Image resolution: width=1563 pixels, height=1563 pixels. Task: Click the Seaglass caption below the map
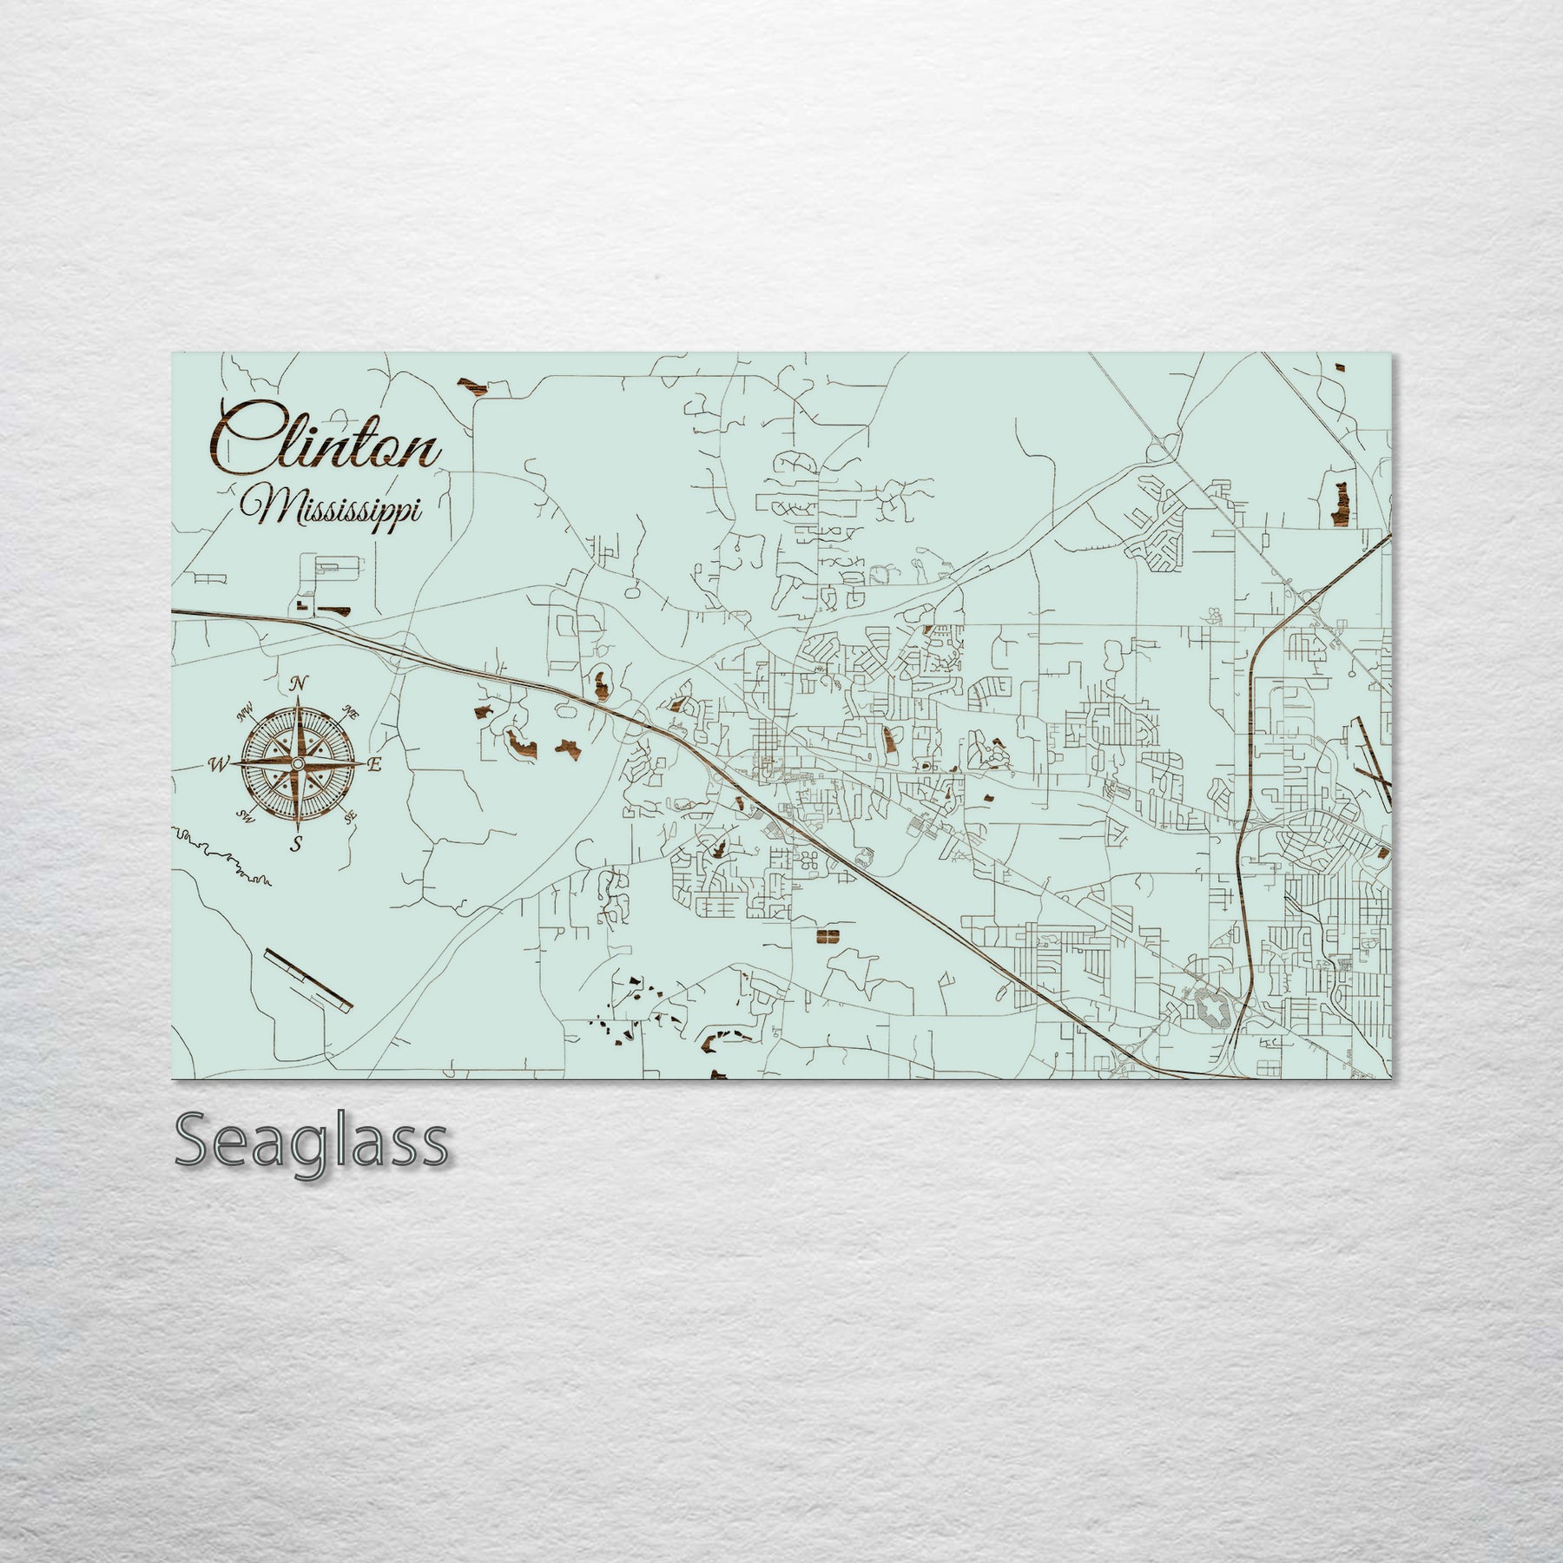coord(311,1144)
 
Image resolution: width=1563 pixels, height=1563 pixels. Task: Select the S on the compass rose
coord(296,842)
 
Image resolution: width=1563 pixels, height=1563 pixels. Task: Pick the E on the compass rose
coord(375,765)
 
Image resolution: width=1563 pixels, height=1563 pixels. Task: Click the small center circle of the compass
coord(297,763)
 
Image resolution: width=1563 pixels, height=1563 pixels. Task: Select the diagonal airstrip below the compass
coord(308,979)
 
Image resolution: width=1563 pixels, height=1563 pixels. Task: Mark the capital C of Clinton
coord(241,439)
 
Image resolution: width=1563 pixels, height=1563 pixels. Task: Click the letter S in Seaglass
coord(195,1144)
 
